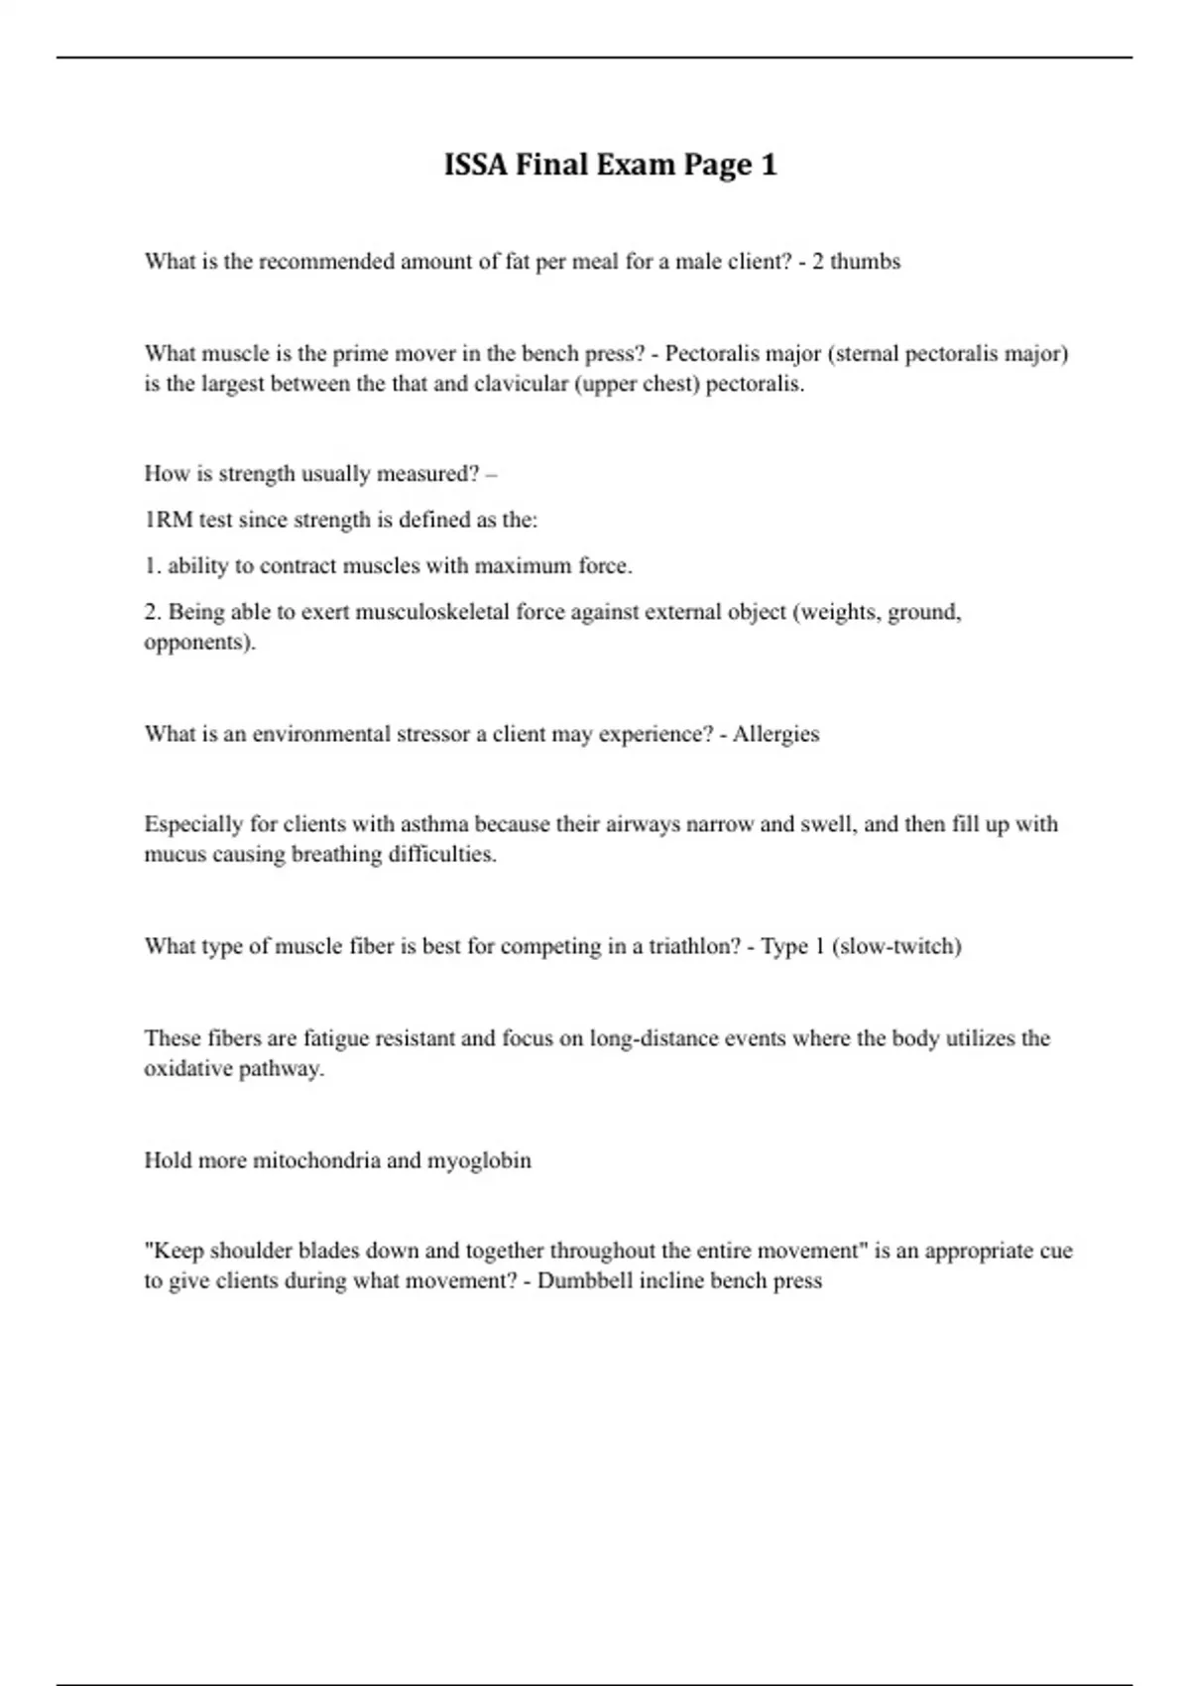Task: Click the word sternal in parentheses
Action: tap(868, 354)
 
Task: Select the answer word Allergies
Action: tap(775, 735)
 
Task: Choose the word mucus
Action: tap(175, 855)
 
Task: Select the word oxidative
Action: tap(187, 1069)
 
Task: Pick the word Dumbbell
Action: tap(584, 1280)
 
